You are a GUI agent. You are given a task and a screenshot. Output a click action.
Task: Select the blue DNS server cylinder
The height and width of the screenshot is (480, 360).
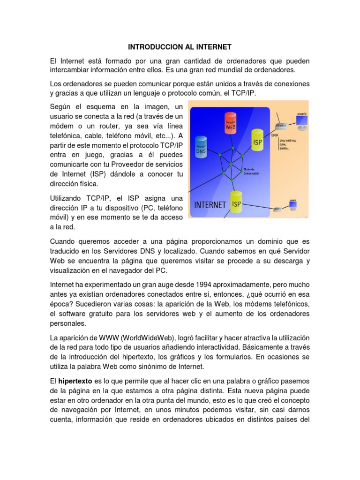[x=201, y=146]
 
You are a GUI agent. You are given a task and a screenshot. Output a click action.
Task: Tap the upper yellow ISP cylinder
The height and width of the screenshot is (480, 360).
[x=257, y=140]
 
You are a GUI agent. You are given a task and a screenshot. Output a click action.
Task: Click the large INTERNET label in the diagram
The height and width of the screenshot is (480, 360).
[x=210, y=205]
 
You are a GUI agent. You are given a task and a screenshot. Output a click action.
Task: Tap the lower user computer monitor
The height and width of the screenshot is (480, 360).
[x=302, y=206]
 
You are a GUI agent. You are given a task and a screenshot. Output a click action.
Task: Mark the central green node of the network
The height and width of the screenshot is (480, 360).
[x=231, y=164]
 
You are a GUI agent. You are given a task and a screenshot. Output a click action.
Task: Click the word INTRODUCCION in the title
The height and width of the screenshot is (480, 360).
[x=148, y=47]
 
